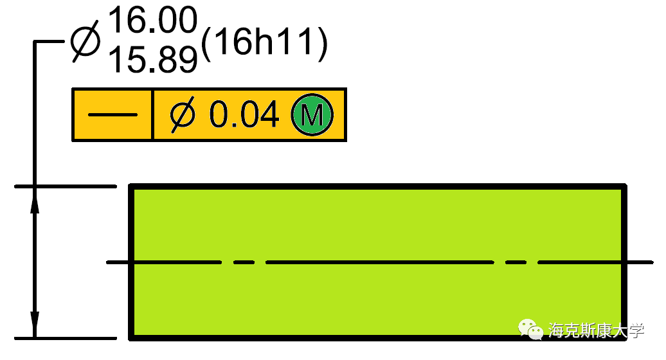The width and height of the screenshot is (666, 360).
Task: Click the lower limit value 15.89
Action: tap(152, 59)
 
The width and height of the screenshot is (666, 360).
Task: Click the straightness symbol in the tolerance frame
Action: tap(113, 115)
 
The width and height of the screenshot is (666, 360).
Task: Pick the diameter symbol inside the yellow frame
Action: tap(183, 115)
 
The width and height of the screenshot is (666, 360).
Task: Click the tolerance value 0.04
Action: tap(244, 115)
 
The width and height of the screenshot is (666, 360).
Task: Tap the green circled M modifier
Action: tap(312, 115)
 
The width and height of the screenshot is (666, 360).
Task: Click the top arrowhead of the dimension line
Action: tap(35, 200)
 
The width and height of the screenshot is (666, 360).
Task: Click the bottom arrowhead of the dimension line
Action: tap(35, 324)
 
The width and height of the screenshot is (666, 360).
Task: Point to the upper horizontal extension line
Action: tap(64, 186)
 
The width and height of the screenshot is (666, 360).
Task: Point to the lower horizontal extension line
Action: tap(64, 337)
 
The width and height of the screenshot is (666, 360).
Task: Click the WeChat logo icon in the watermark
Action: tap(531, 330)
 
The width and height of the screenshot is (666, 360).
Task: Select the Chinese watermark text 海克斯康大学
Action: tap(596, 330)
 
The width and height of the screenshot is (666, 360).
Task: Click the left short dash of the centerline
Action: tap(244, 262)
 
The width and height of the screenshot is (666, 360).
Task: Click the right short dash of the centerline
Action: tap(516, 262)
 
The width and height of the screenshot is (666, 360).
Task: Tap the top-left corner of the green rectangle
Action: tap(131, 186)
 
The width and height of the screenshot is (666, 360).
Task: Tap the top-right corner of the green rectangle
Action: tap(624, 186)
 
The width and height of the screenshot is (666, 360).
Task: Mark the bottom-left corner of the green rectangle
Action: tap(131, 337)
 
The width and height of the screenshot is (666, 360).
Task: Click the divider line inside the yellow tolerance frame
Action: tap(152, 115)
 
